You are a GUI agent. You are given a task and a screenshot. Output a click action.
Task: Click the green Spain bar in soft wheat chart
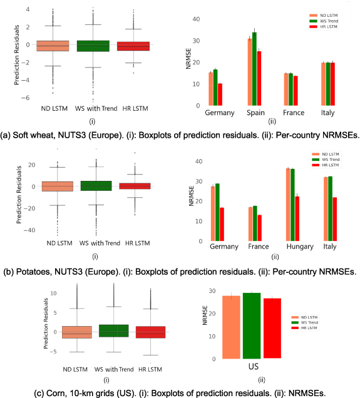pyautogui.click(x=254, y=69)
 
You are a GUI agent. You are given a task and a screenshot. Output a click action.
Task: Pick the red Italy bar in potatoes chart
pyautogui.click(x=336, y=218)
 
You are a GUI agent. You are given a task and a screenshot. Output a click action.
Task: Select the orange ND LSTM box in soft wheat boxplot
pyautogui.click(x=53, y=46)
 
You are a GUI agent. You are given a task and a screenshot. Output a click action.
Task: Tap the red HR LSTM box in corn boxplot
pyautogui.click(x=133, y=332)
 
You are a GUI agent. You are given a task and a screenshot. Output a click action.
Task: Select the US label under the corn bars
pyautogui.click(x=254, y=365)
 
